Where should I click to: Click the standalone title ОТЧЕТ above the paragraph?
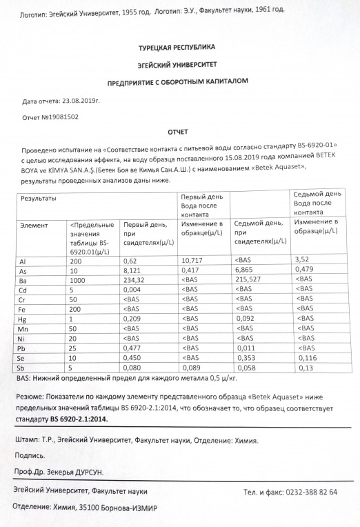pyautogui.click(x=178, y=131)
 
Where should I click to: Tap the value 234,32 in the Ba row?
pyautogui.click(x=136, y=281)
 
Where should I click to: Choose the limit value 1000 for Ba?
pyautogui.click(x=79, y=281)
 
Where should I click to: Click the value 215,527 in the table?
pyautogui.click(x=252, y=281)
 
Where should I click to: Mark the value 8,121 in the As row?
pyautogui.click(x=132, y=271)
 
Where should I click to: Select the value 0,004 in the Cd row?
pyautogui.click(x=132, y=290)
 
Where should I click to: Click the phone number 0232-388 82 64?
pyautogui.click(x=309, y=492)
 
